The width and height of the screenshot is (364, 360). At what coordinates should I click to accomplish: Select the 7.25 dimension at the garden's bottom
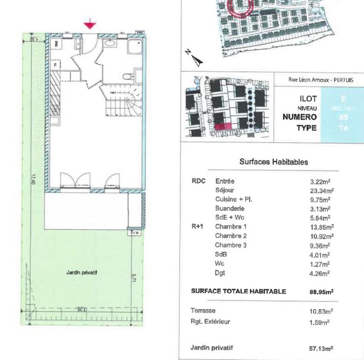82,309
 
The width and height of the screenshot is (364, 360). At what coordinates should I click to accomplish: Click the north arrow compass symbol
196,58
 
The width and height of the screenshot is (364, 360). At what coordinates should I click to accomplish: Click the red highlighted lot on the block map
222,127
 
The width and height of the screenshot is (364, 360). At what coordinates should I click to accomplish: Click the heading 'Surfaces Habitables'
273,162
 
